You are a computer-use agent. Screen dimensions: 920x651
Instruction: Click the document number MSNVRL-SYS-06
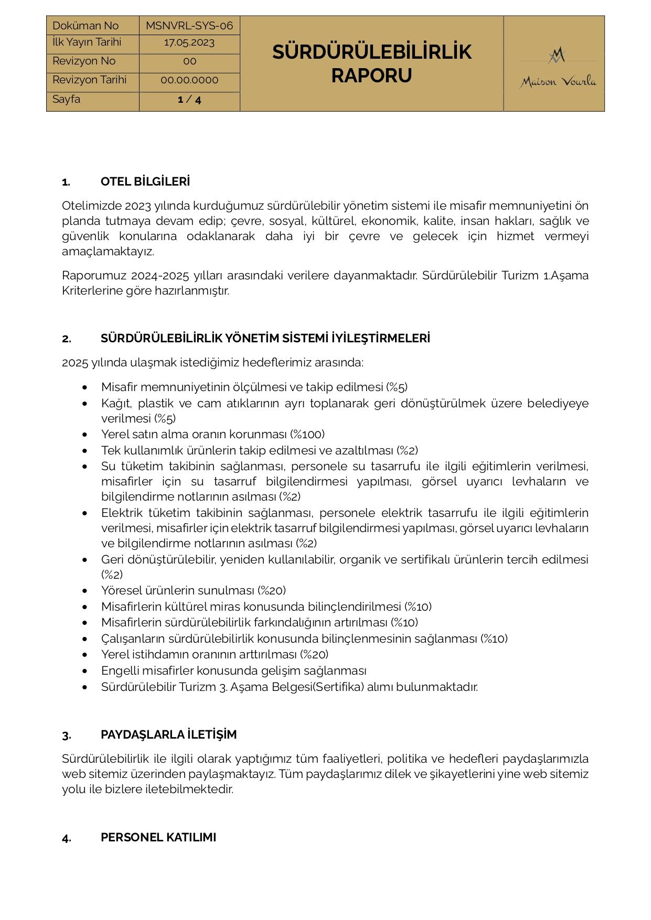(189, 26)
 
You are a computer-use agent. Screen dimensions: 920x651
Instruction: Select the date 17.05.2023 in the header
(189, 43)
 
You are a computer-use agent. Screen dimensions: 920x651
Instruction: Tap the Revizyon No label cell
(84, 61)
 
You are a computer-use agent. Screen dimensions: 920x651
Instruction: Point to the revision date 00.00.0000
(189, 80)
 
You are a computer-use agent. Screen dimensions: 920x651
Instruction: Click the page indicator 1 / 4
(189, 100)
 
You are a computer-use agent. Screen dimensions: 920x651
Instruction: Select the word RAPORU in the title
(371, 76)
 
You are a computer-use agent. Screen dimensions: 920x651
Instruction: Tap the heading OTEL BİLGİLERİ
(145, 182)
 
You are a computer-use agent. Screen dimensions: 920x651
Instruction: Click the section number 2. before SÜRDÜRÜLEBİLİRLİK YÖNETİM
(67, 339)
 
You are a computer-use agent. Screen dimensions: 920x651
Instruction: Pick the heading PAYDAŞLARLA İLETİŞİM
(168, 735)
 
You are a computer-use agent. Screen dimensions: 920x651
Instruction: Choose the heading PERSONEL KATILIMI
(158, 838)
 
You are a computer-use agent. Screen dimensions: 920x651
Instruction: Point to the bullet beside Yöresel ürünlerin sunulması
(85, 591)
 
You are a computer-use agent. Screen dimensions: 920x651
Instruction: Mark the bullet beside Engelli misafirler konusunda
(85, 671)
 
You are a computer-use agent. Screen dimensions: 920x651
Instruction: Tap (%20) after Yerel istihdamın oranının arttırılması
(314, 655)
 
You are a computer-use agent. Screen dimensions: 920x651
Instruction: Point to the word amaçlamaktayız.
(108, 252)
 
